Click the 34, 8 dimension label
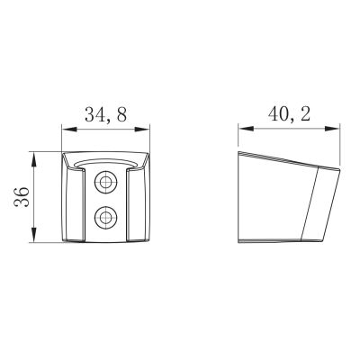click(106, 114)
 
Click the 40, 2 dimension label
click(289, 114)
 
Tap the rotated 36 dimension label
click(22, 197)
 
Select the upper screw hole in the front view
click(105, 182)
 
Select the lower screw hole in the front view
click(105, 217)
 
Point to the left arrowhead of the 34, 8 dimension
click(68, 130)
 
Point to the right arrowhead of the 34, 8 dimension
click(142, 130)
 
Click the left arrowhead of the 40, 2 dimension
click(246, 129)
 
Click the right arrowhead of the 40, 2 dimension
click(332, 129)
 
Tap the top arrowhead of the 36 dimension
click(33, 159)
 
